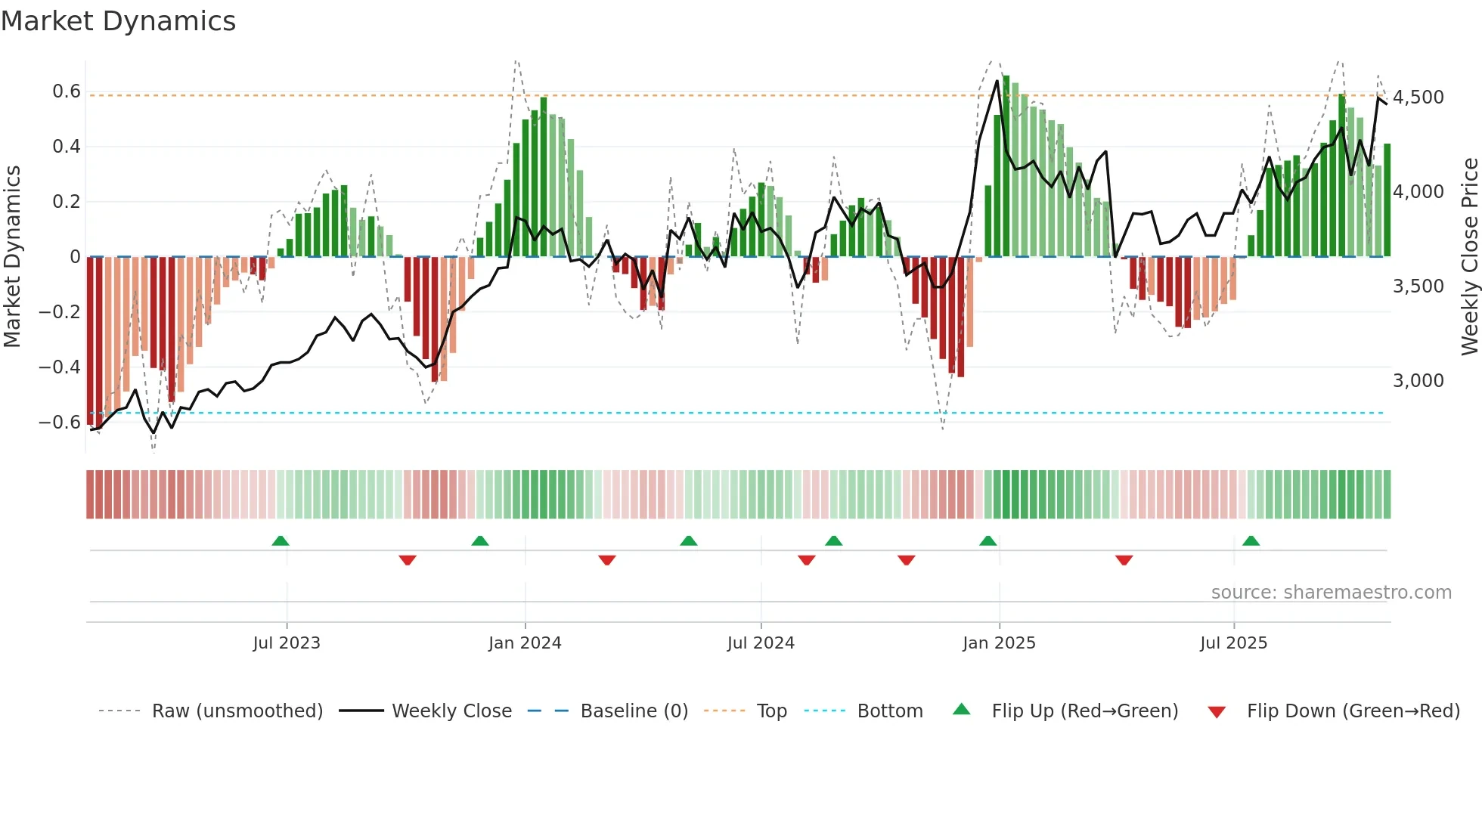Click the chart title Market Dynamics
click(118, 21)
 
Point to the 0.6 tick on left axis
click(67, 91)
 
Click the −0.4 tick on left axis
click(60, 367)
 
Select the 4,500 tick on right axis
click(1418, 98)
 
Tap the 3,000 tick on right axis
click(1418, 381)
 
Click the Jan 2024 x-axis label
click(525, 643)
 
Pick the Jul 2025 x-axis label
click(1233, 643)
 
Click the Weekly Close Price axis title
click(1469, 257)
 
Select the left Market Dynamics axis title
click(12, 257)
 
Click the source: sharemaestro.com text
click(1331, 593)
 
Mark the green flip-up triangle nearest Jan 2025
click(987, 541)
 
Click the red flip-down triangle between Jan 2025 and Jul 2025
click(1124, 560)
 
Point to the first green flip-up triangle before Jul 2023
click(281, 541)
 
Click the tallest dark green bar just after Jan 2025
click(1006, 166)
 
